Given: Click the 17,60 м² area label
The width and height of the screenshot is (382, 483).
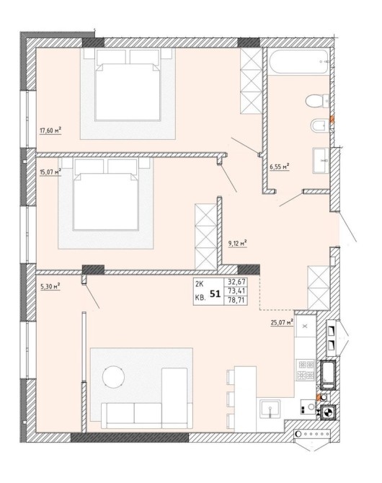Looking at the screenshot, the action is [x=50, y=130].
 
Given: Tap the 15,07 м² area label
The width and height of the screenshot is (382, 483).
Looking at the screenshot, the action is [x=50, y=172].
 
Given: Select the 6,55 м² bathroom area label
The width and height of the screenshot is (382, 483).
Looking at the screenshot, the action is [x=280, y=167].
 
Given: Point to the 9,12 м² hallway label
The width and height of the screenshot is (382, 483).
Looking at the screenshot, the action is [x=238, y=244].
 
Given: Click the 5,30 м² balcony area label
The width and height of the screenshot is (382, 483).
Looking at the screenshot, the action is [x=50, y=286].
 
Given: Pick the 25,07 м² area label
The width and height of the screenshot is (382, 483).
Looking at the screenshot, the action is [x=282, y=322].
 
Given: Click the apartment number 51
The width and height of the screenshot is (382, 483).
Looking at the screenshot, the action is [x=216, y=294].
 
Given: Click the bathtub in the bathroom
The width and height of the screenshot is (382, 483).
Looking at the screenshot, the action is [x=299, y=61].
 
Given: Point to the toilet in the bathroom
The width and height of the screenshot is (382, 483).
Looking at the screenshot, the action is [x=317, y=101].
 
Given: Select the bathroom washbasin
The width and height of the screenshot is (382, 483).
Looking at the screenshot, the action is [x=321, y=160].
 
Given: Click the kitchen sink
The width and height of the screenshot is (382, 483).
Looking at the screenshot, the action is [x=270, y=409].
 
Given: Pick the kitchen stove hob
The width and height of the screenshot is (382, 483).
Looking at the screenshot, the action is [x=306, y=370].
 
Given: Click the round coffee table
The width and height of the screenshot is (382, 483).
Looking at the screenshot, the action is [x=113, y=376].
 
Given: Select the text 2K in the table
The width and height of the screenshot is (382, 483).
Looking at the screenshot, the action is [x=200, y=282].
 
